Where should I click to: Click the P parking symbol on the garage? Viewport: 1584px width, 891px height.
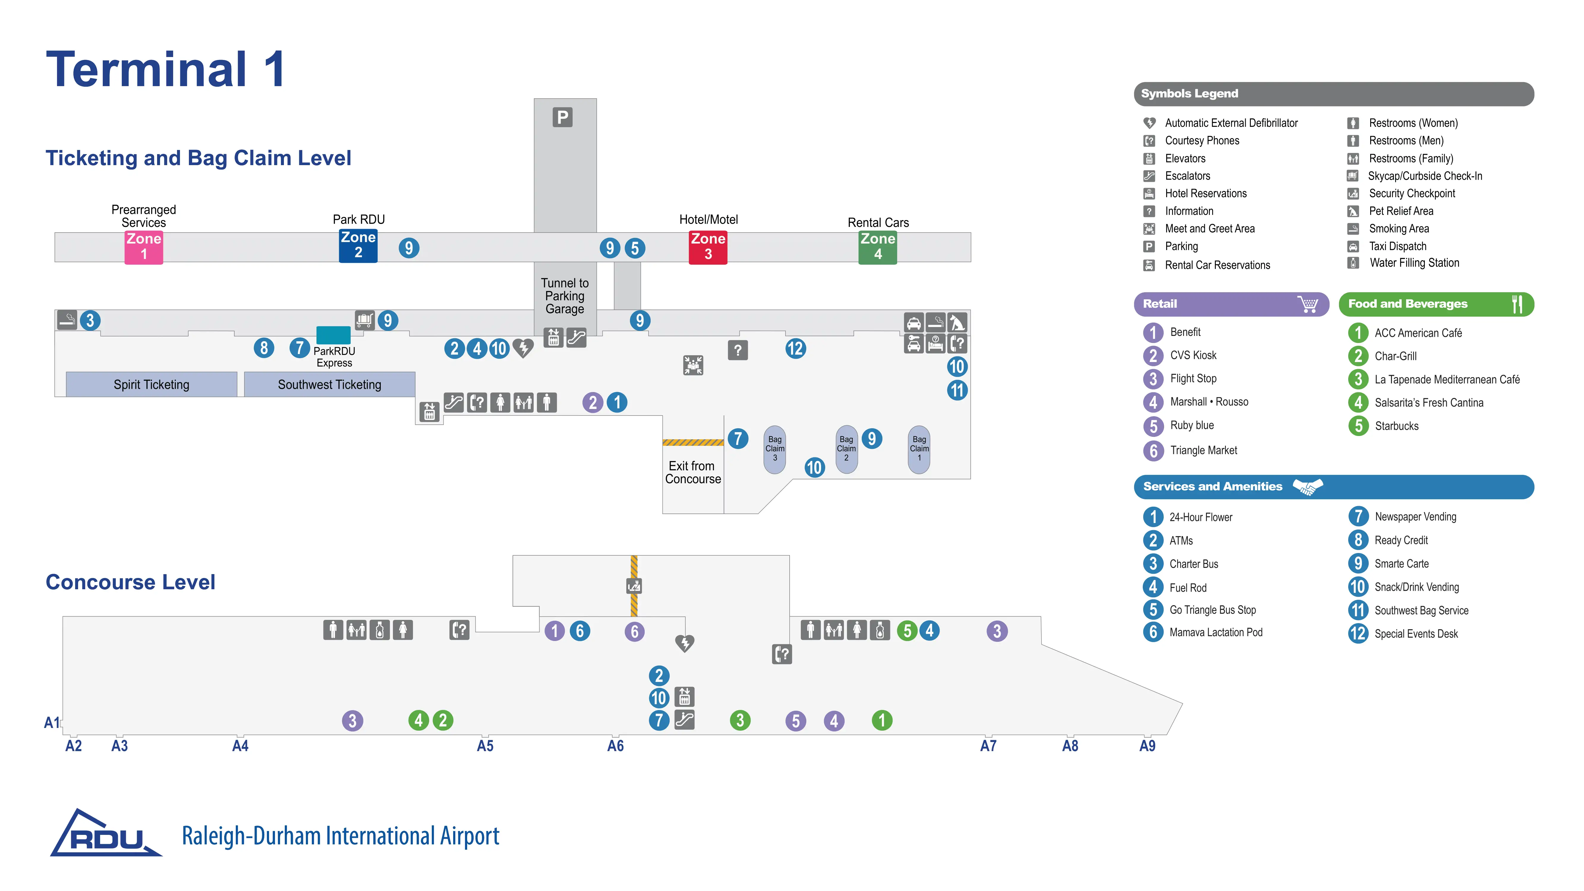click(562, 117)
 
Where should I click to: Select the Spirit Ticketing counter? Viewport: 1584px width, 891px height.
click(151, 384)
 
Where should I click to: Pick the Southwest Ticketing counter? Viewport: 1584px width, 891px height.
click(330, 384)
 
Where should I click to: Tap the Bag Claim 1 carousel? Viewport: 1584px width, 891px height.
click(919, 449)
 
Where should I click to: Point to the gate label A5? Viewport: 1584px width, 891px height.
click(485, 746)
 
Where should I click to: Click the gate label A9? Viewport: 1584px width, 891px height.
click(1147, 746)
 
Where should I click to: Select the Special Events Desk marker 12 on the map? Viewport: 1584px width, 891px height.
click(795, 349)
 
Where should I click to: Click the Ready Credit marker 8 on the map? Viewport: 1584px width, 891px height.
click(264, 348)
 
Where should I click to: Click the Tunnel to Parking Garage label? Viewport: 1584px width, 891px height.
click(565, 296)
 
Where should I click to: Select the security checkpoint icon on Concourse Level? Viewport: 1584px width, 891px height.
click(633, 586)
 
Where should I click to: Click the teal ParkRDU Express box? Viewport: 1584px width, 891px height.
click(333, 335)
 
